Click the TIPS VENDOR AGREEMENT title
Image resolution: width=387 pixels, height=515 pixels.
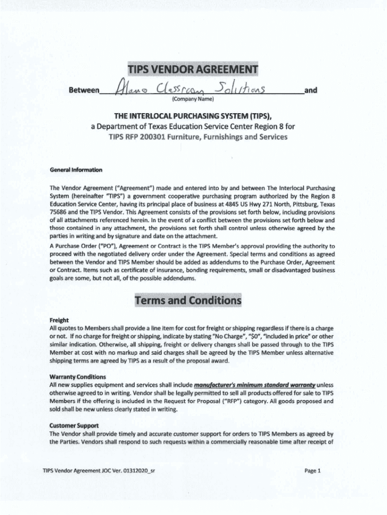coord(193,68)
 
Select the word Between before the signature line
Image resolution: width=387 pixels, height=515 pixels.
coord(83,91)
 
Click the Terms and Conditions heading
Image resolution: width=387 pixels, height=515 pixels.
coord(187,301)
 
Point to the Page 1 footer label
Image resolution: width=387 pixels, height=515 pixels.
coord(312,471)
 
